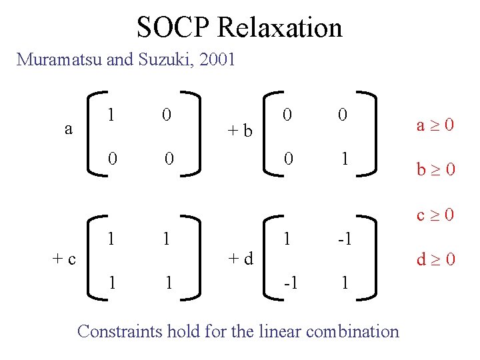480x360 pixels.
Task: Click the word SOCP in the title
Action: [174, 27]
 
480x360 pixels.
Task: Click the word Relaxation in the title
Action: [280, 27]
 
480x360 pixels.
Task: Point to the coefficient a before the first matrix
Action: [69, 129]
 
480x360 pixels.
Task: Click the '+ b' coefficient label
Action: [239, 130]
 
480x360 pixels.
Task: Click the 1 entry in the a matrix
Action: [111, 115]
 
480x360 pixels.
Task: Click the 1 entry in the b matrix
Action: [344, 159]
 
